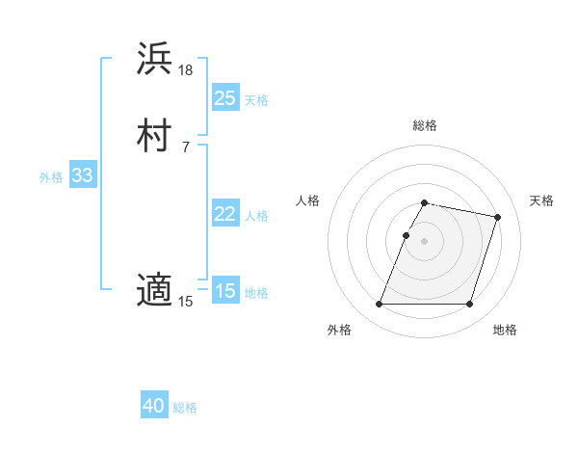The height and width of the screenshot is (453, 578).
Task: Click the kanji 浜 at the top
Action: (154, 59)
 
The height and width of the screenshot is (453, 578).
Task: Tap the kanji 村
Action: (154, 136)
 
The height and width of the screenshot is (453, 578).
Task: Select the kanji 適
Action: (154, 290)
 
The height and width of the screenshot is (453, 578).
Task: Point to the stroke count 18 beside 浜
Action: (186, 70)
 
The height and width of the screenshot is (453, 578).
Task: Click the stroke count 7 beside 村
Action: (185, 147)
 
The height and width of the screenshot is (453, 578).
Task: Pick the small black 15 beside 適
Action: (186, 302)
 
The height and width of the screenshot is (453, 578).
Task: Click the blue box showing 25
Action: (225, 98)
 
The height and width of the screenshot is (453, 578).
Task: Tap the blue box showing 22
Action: (225, 214)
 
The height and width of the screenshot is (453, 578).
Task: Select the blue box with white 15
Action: (225, 291)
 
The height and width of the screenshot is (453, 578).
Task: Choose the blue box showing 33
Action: (82, 175)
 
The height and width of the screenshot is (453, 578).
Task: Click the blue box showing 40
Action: (154, 406)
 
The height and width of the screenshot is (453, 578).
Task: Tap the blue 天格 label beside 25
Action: (256, 99)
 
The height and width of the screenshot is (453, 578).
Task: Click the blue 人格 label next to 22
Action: (256, 215)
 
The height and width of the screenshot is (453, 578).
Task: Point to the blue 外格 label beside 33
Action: (51, 176)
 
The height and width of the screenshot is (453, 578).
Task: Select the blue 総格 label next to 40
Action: (185, 408)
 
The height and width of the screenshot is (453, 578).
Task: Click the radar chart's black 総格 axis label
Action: (424, 125)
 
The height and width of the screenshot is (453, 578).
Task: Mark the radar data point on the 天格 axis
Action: (497, 218)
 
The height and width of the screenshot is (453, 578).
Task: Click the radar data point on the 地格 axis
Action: (469, 305)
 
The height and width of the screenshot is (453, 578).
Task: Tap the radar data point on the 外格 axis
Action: (379, 305)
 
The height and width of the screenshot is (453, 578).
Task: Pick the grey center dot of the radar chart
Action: (424, 242)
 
